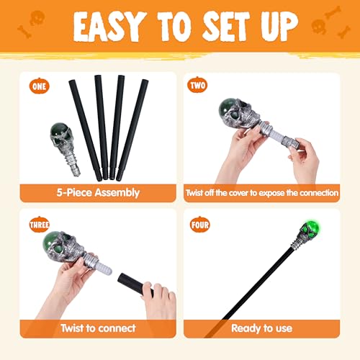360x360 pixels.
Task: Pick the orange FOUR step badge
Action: (x=198, y=223)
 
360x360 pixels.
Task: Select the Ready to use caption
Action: (x=261, y=328)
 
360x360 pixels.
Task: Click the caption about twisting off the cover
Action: (x=261, y=193)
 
